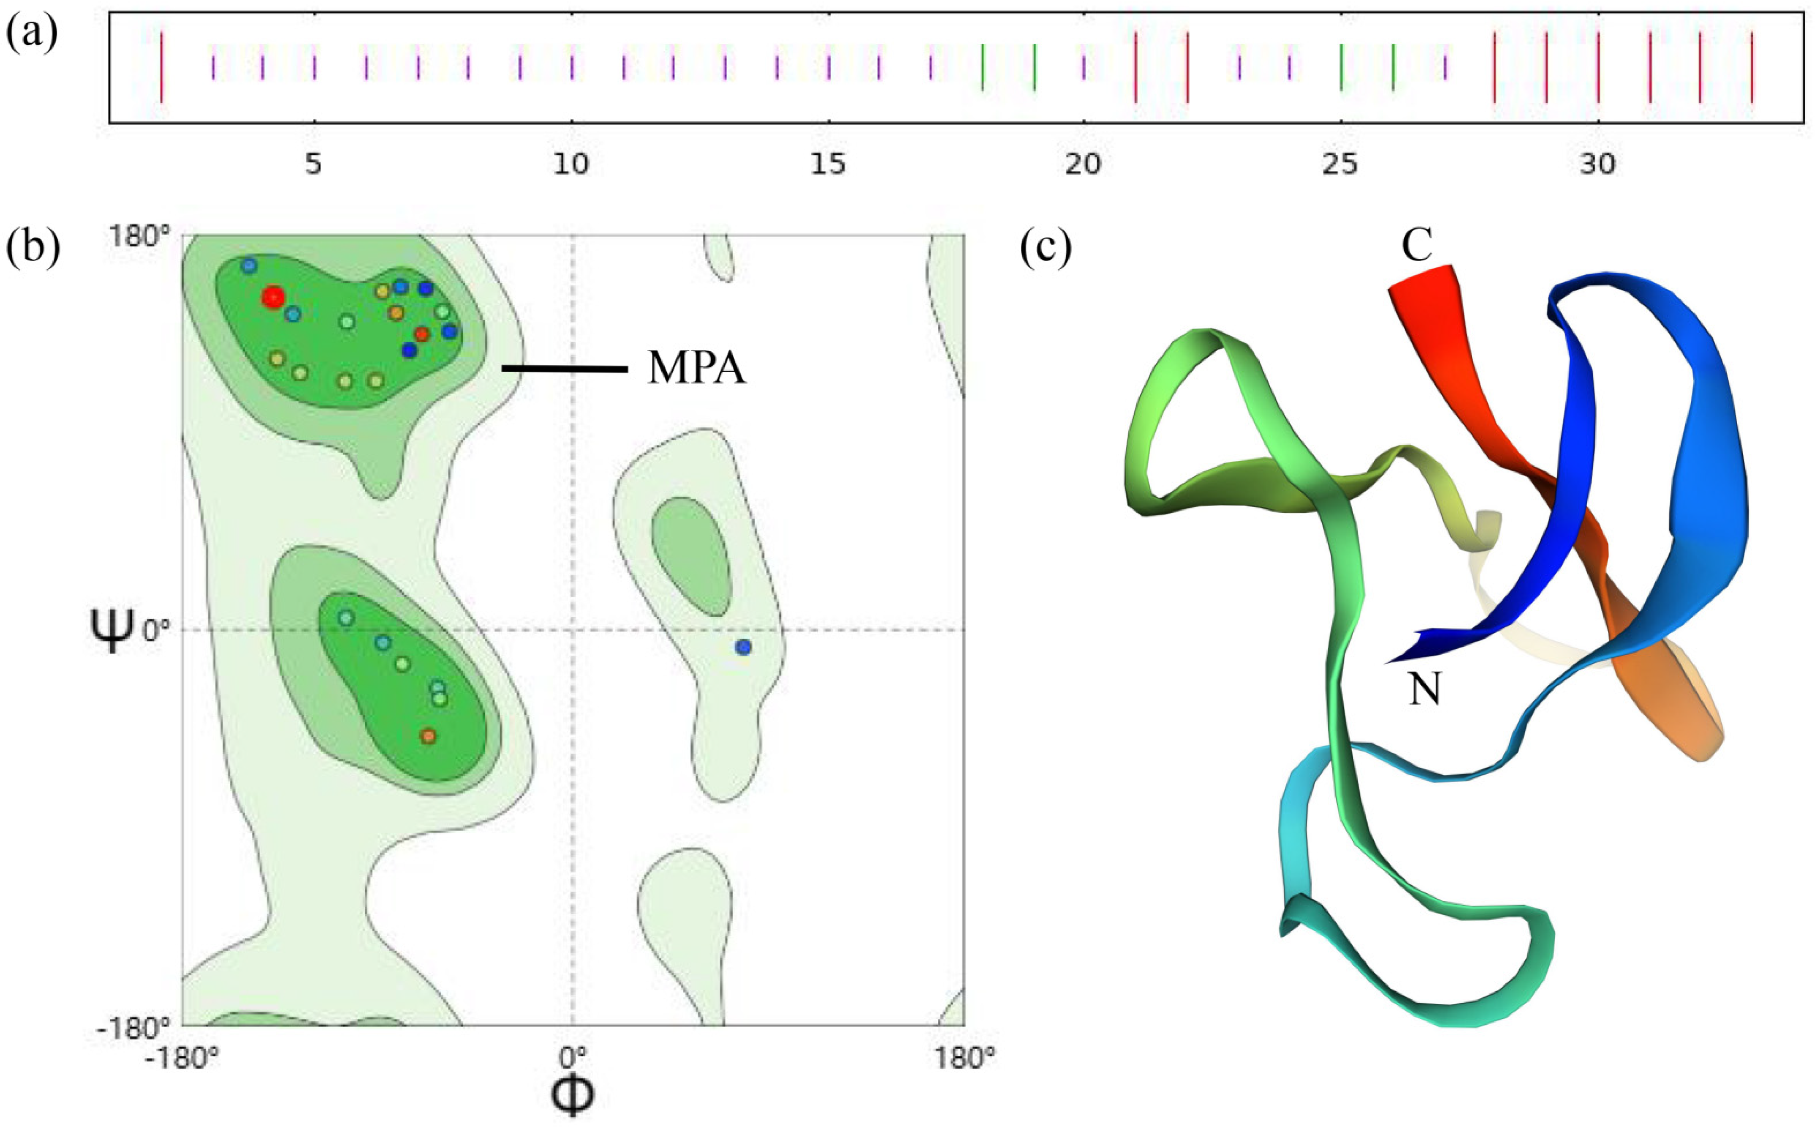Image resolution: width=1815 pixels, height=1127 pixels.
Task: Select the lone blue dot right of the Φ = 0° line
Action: click(743, 647)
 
